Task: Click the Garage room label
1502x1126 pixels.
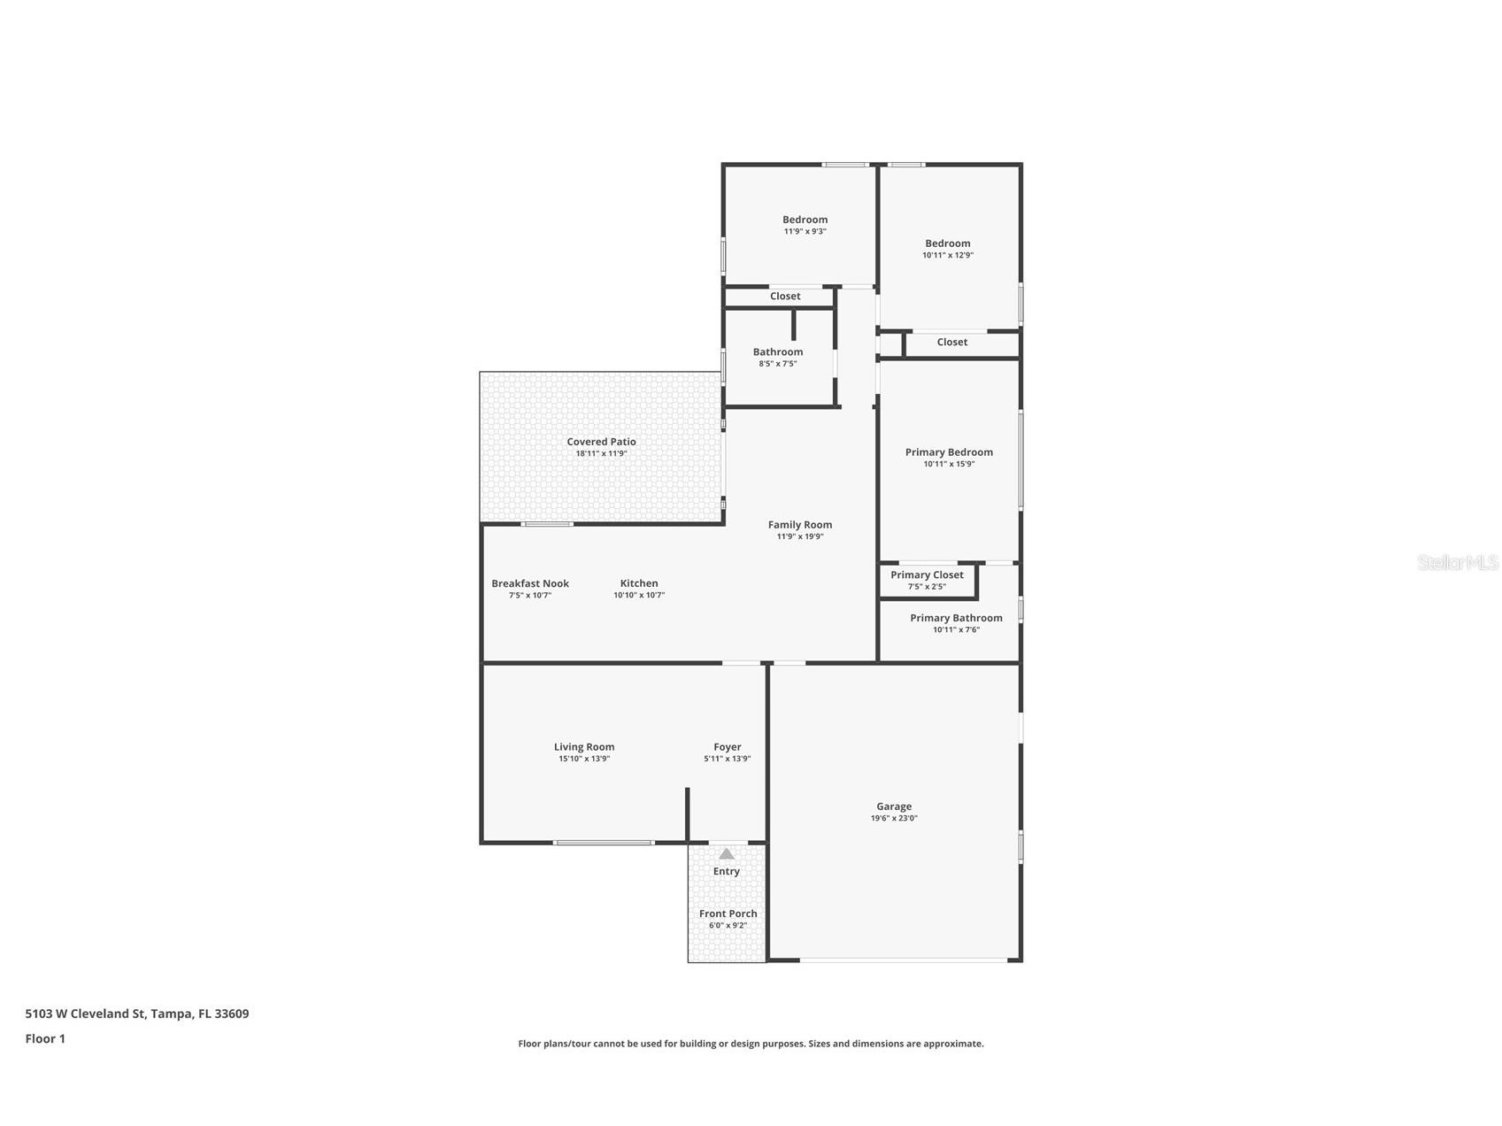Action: coord(894,806)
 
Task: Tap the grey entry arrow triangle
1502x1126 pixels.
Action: coord(727,854)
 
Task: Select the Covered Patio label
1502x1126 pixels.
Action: coord(601,442)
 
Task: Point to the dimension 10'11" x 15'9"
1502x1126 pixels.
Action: coord(949,464)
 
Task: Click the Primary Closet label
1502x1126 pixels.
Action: coord(927,575)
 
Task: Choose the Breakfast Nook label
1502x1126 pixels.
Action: coord(530,583)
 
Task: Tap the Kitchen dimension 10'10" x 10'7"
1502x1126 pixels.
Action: coord(639,595)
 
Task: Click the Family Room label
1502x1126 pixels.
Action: coord(799,525)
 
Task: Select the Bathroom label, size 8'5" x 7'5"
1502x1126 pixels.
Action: coord(777,352)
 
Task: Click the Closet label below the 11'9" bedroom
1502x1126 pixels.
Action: coord(785,297)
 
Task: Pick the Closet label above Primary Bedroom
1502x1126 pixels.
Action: coord(952,342)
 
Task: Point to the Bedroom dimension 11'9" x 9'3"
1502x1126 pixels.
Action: coord(805,231)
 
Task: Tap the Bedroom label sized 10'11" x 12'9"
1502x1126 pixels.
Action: coord(947,243)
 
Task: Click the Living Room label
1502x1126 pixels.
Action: coord(584,747)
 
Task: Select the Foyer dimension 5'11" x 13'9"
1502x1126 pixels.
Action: coord(728,759)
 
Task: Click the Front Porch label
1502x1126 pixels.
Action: coord(728,914)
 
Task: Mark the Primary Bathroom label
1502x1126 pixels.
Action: coord(956,618)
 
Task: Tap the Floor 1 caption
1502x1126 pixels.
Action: coord(45,1038)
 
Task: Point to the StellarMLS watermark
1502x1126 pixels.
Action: coord(1457,562)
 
